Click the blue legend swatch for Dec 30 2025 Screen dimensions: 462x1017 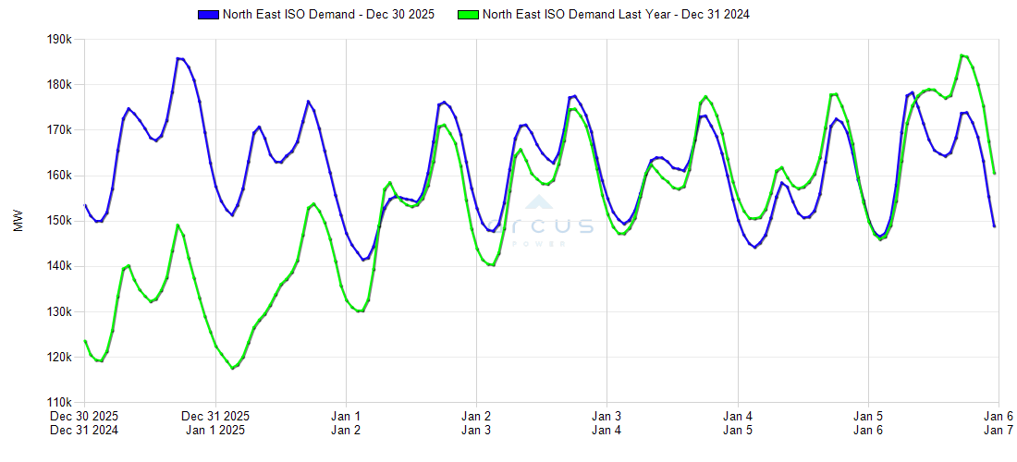(208, 15)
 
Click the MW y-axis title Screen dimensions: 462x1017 (18, 221)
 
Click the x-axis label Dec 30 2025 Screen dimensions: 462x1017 (85, 416)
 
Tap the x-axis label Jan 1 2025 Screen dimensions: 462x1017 (215, 430)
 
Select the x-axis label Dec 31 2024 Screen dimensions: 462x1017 (85, 430)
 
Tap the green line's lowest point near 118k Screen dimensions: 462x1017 (233, 368)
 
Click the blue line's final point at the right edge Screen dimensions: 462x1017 (994, 226)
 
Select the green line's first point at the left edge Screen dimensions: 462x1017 (85, 341)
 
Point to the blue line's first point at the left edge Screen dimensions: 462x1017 (85, 205)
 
